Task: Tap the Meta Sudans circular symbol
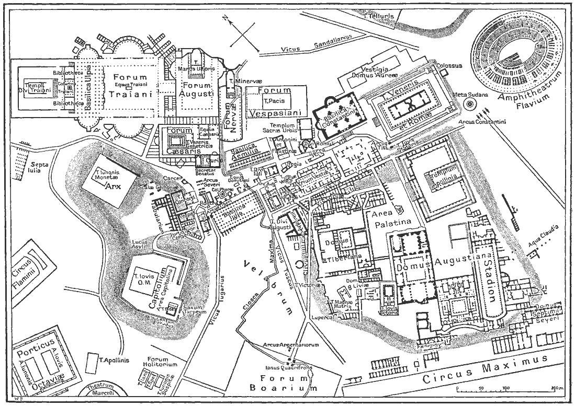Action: [470, 104]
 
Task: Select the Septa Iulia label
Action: [40, 166]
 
